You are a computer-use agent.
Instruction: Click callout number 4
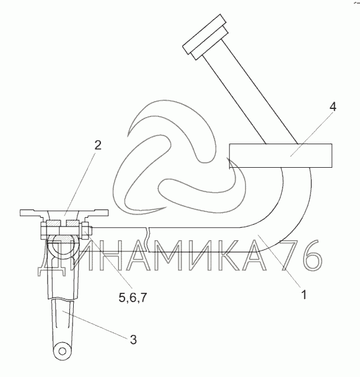coord(333,106)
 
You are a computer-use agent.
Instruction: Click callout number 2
coord(98,145)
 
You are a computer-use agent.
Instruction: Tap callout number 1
coord(304,295)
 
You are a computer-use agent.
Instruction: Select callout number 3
coord(133,339)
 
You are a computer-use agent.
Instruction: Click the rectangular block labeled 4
coord(281,155)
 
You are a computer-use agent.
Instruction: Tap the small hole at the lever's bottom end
coord(63,351)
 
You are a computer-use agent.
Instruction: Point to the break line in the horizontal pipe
coord(147,239)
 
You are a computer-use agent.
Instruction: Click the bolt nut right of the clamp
coord(86,231)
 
